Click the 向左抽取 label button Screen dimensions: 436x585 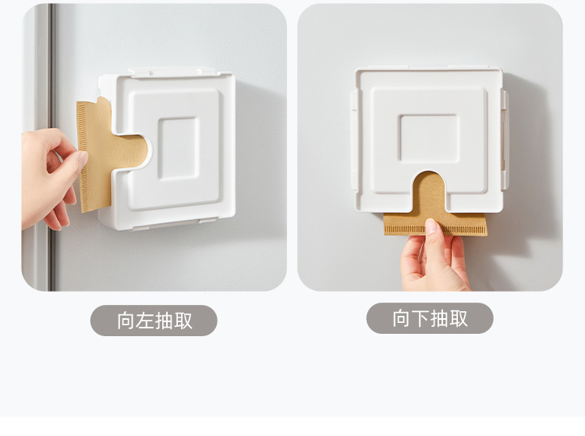pos(154,321)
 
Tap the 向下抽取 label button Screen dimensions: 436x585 pos(430,318)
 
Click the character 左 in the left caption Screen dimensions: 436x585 pos(144,321)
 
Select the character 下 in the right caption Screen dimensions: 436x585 pos(420,318)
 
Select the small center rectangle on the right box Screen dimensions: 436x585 pos(428,137)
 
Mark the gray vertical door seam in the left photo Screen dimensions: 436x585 pos(50,78)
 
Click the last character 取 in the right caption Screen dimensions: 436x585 pos(458,318)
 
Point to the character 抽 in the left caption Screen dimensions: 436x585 pos(164,321)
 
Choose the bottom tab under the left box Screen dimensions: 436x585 pos(156,227)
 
